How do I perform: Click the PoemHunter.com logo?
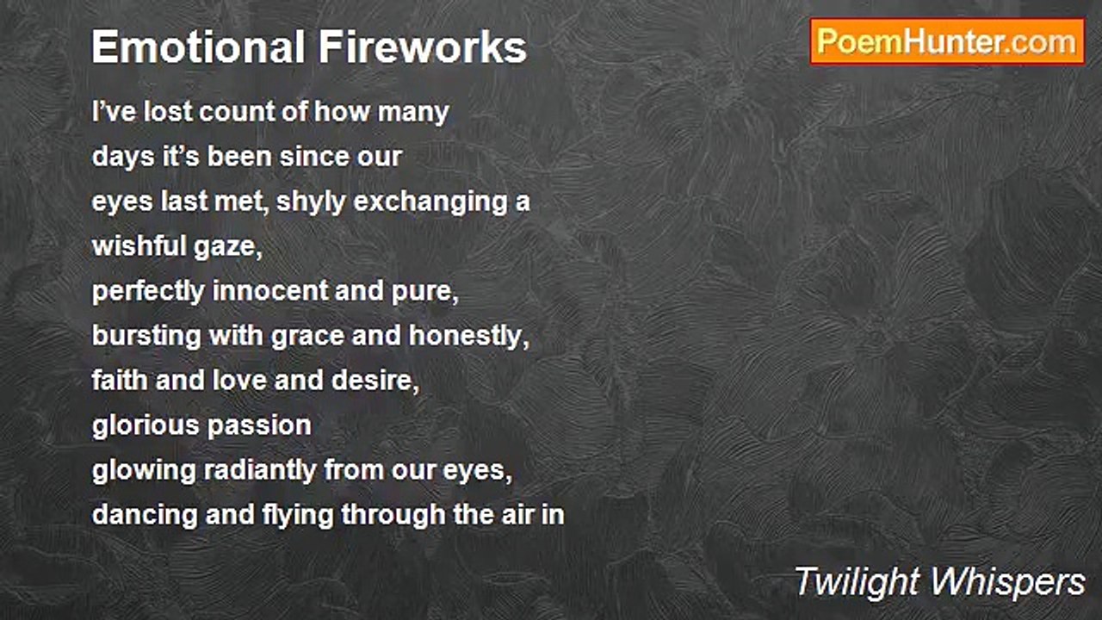pos(947,41)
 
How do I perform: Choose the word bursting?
pos(146,336)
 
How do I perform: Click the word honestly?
pos(468,336)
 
